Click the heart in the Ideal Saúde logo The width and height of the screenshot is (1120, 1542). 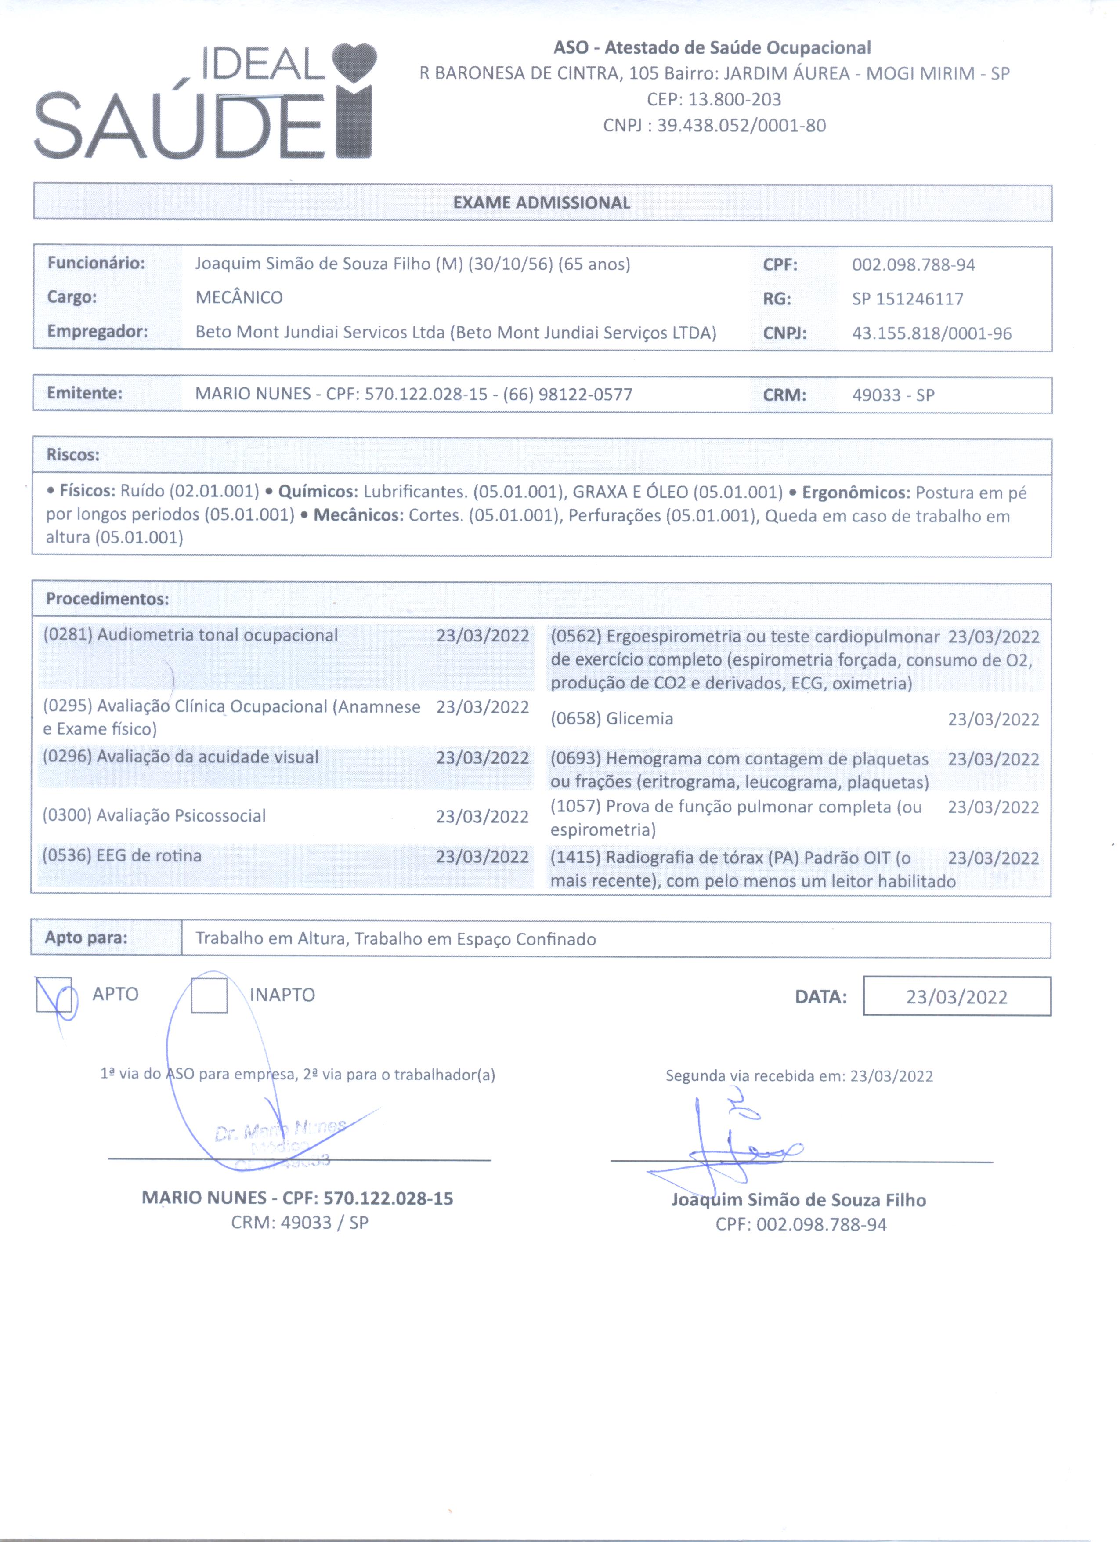[354, 62]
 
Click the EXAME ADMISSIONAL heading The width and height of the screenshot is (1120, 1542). [542, 203]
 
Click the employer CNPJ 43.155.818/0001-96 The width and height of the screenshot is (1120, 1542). [932, 333]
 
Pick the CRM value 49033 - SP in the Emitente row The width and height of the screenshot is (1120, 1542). [893, 395]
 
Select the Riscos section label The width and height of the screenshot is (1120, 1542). [73, 455]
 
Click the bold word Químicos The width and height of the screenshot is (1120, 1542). [318, 492]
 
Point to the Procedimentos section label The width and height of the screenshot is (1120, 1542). [107, 599]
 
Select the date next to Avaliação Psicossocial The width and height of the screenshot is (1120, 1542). [482, 817]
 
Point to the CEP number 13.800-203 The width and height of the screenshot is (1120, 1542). [734, 99]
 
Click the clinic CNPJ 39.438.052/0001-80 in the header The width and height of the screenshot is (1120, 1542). [741, 126]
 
